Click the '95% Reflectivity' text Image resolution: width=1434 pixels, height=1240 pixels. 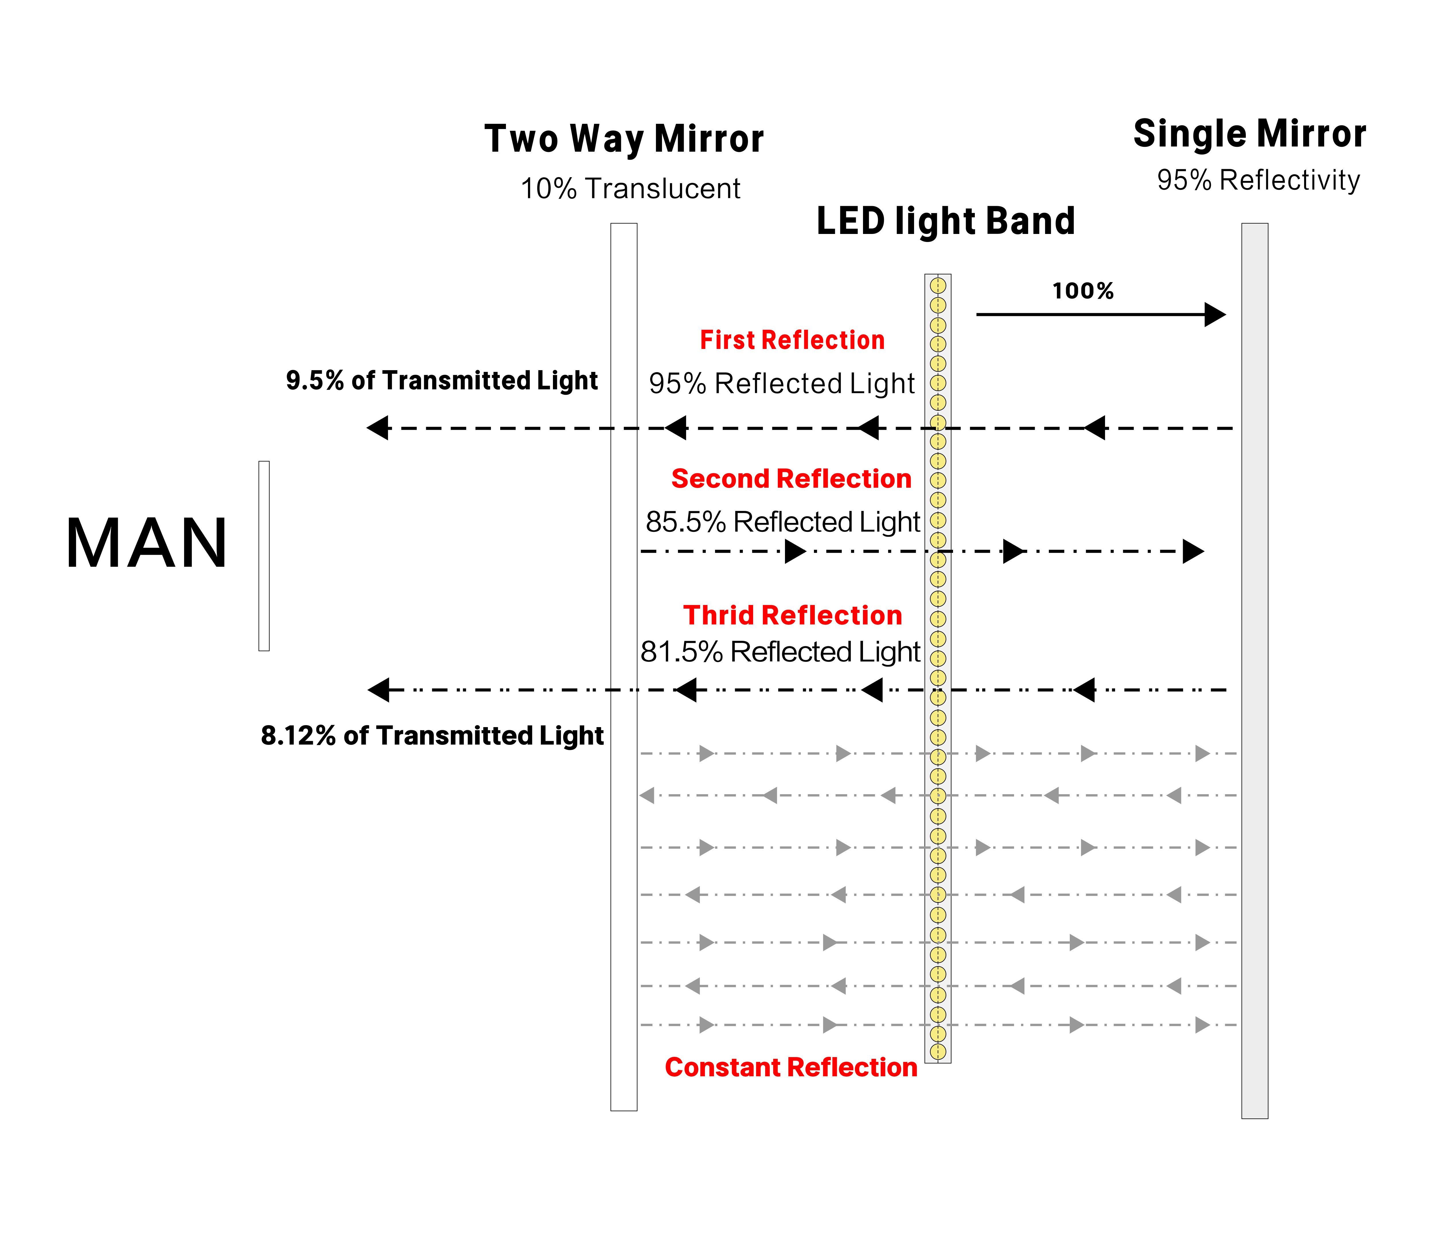(x=1258, y=180)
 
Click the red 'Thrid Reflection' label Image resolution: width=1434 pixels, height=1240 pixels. (x=792, y=615)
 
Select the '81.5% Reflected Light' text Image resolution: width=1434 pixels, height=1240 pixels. (x=780, y=652)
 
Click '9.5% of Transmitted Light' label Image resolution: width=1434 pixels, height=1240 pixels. (x=442, y=380)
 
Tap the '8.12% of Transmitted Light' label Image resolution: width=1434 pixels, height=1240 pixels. (x=432, y=736)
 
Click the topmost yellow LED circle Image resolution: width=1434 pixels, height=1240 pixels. (x=938, y=285)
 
